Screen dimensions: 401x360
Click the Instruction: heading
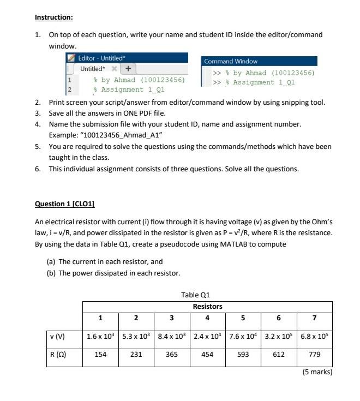click(53, 17)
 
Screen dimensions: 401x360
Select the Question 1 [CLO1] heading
click(64, 204)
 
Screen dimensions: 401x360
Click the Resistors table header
click(207, 307)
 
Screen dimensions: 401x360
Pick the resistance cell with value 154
click(100, 354)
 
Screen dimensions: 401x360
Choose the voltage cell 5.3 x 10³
click(136, 337)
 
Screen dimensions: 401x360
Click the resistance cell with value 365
click(172, 354)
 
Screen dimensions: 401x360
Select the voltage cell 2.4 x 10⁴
click(207, 337)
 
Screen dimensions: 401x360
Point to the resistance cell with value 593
click(243, 354)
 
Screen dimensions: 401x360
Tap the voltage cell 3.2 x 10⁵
click(279, 337)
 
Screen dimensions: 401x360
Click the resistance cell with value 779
click(314, 354)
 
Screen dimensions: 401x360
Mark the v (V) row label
click(57, 337)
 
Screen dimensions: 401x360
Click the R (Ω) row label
click(57, 354)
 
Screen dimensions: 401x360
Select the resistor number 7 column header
click(314, 318)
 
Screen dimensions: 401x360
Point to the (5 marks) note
click(317, 372)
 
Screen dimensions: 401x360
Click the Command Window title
click(230, 62)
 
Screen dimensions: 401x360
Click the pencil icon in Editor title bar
click(71, 58)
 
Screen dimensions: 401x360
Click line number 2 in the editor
click(69, 89)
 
